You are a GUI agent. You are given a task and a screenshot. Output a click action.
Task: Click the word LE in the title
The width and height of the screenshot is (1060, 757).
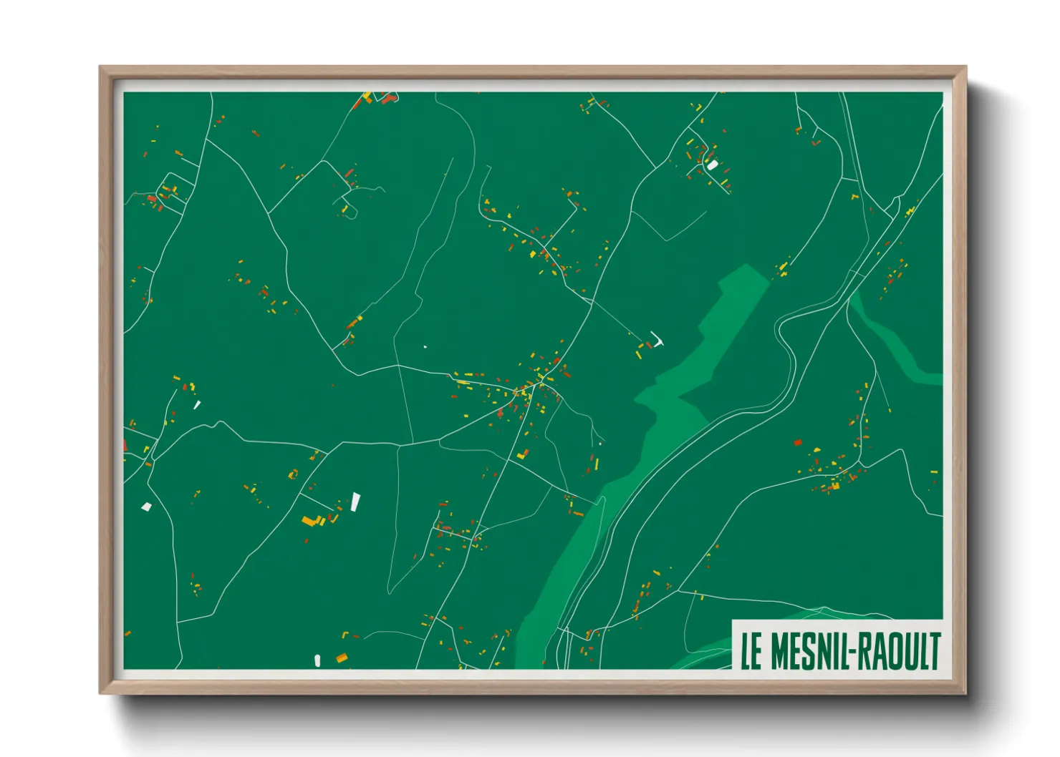[751, 651]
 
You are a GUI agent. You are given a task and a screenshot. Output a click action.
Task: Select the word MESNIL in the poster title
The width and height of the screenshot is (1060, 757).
[809, 651]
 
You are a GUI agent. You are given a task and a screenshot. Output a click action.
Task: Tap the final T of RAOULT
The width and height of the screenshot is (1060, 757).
[933, 651]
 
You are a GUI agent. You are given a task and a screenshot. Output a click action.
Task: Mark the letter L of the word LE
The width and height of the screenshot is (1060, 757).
[746, 651]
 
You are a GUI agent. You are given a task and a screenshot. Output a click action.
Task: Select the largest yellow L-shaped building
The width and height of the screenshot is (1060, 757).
[310, 520]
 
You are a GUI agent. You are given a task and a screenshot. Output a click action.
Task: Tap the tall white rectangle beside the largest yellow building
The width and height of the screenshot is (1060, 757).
[355, 502]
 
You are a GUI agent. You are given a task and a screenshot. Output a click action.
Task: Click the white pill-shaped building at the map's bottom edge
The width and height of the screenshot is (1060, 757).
[317, 660]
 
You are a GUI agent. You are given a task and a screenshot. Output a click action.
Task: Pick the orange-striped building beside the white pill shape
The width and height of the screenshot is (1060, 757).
[342, 658]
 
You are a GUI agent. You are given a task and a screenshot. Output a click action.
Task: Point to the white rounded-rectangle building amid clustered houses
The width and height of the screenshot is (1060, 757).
[712, 165]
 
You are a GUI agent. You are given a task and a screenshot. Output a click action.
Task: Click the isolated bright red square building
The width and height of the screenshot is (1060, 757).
[798, 443]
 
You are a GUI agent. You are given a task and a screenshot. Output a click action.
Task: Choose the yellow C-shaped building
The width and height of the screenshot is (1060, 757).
[292, 474]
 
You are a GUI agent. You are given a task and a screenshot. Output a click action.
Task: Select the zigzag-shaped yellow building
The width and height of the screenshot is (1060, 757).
[523, 454]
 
